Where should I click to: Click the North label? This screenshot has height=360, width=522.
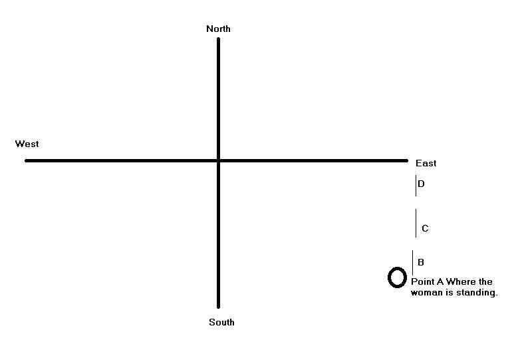tap(218, 29)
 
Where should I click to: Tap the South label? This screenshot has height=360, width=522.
tap(221, 322)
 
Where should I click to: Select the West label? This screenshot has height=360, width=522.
tap(27, 144)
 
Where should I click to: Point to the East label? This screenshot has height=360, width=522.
tap(426, 163)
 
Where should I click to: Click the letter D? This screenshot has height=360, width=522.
tap(421, 184)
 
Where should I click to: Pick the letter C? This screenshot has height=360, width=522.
tap(425, 228)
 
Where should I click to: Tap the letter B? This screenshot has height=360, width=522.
tap(421, 262)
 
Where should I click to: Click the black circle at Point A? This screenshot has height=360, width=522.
tap(397, 277)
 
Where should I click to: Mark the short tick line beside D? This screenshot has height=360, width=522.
tap(416, 186)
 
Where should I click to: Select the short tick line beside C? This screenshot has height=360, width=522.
tap(416, 223)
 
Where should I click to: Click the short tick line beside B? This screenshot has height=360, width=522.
tap(413, 262)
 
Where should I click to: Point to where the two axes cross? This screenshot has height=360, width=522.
tap(218, 160)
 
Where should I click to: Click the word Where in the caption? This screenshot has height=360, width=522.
tap(461, 282)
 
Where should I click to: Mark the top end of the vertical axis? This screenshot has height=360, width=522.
tap(218, 39)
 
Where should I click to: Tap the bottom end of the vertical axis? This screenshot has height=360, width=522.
tap(218, 307)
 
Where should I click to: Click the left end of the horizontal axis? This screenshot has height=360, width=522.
tap(27, 160)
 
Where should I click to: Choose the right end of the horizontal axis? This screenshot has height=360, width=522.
tap(406, 160)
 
